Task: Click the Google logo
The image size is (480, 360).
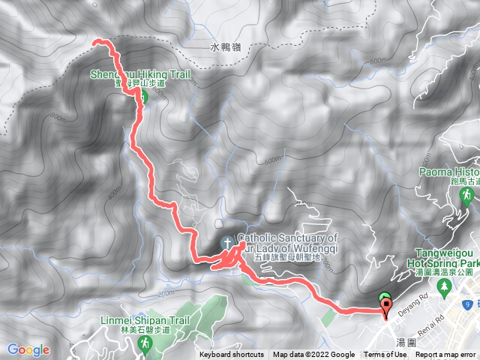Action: click(28, 349)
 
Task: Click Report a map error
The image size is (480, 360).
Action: click(447, 355)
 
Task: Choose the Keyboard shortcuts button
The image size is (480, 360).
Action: click(232, 355)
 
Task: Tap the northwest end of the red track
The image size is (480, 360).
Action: click(94, 43)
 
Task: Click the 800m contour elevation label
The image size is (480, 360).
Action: click(58, 116)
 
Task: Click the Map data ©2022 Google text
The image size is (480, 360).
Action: click(313, 355)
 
